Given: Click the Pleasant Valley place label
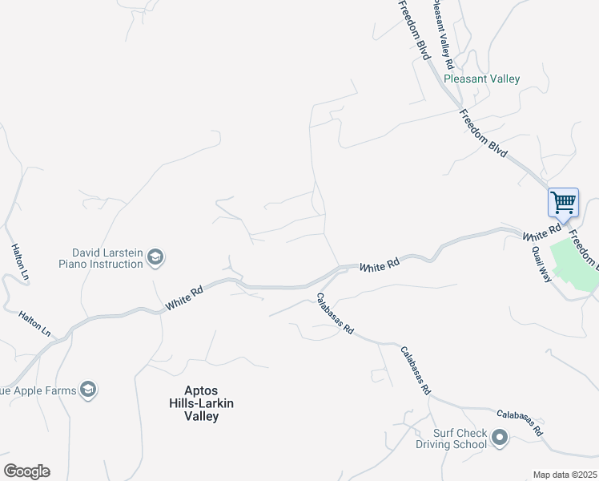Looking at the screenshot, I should (x=482, y=79).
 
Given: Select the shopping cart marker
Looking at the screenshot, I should (x=563, y=202).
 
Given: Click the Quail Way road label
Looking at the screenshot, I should (x=542, y=261).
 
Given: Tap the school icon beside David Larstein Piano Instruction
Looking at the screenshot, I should (x=155, y=257).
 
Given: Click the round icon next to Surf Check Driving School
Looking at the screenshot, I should (x=501, y=438).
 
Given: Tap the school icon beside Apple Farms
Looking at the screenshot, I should (x=88, y=390).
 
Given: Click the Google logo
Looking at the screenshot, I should (x=26, y=471).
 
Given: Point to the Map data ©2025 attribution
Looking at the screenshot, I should (x=565, y=475).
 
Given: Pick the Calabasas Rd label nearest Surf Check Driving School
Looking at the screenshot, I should (x=520, y=422).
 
